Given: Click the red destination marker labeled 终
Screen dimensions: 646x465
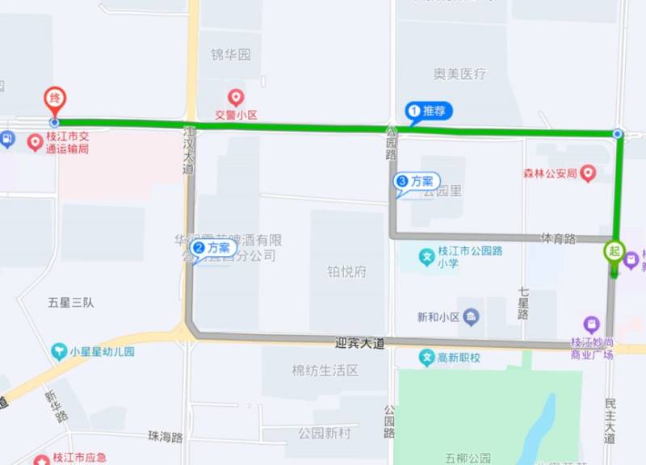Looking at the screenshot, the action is [54, 99].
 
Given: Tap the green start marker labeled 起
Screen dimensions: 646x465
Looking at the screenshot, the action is [615, 252].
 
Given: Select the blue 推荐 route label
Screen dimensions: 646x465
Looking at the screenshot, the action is [427, 111].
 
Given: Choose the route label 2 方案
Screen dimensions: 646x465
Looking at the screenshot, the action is [214, 248].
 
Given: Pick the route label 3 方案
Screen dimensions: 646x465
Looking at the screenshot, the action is [417, 182].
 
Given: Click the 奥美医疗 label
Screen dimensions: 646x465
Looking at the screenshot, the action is [459, 73].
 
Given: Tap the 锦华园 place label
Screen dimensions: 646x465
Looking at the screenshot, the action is [231, 55].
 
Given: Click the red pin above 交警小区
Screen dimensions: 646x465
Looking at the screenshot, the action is [236, 98].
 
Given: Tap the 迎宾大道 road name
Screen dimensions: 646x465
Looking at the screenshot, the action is [359, 343].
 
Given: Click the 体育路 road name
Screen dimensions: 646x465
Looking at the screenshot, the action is [558, 238].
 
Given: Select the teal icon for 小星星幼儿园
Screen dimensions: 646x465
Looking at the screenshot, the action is [58, 351].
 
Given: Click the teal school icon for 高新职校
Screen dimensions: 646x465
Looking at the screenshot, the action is [427, 357].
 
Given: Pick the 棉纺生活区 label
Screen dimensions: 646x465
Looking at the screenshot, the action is [325, 371].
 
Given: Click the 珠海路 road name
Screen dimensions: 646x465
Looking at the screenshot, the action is [166, 437].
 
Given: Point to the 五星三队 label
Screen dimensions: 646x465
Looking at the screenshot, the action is [71, 303].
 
